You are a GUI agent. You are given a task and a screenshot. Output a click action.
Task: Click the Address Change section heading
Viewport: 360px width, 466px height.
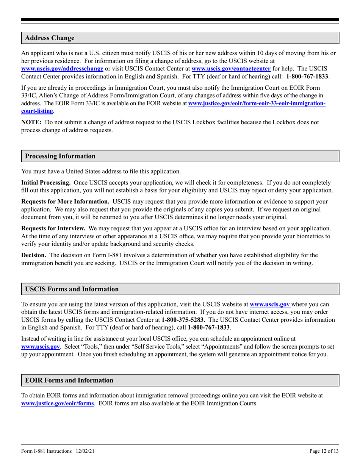50,38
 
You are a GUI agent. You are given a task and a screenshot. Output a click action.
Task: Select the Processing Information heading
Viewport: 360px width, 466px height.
60,156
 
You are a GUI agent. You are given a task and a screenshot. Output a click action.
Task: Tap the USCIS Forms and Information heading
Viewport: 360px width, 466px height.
72,289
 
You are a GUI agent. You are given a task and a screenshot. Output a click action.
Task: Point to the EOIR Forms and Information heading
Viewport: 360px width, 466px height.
69,380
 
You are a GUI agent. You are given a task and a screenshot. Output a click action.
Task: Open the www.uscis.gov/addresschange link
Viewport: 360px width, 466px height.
62,69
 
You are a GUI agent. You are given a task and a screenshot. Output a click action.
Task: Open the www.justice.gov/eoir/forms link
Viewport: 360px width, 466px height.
57,403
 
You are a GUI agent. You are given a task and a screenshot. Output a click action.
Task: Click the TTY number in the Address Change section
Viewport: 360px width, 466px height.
307,77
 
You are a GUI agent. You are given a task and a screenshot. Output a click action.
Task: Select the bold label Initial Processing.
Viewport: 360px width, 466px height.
46,182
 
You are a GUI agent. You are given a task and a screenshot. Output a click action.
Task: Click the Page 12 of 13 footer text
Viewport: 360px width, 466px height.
324,451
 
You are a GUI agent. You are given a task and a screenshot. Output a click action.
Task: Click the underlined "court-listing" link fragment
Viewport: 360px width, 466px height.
37,111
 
